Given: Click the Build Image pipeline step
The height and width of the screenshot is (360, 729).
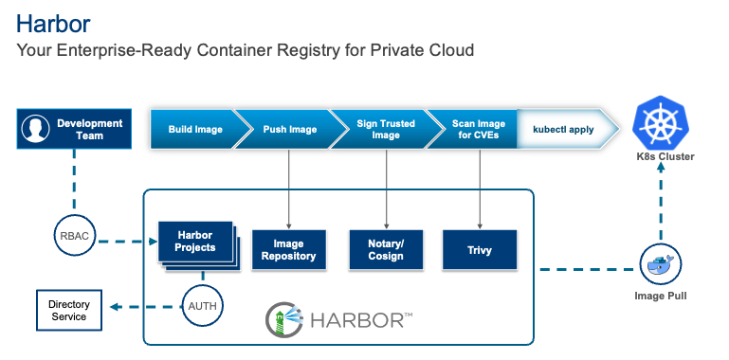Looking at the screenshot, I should [x=193, y=129].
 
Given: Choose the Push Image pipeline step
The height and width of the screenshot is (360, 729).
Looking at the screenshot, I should [x=289, y=129].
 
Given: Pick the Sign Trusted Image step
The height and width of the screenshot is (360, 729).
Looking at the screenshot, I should [x=385, y=129].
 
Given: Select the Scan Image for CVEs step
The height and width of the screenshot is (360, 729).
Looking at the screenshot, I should [x=478, y=129].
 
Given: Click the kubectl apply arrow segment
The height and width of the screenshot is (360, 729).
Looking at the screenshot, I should [x=563, y=129].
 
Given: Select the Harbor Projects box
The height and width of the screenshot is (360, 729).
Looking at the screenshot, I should [x=193, y=243].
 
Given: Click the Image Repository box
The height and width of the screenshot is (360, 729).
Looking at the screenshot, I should [x=288, y=250].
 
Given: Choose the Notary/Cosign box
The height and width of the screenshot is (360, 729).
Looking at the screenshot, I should [x=386, y=250].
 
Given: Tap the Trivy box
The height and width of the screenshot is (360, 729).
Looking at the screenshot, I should [x=480, y=250].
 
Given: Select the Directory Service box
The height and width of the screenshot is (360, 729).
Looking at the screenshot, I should [x=69, y=310].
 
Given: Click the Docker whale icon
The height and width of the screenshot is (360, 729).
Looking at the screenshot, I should [x=661, y=265].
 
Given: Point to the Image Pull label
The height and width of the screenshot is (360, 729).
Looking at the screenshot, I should [x=661, y=296].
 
